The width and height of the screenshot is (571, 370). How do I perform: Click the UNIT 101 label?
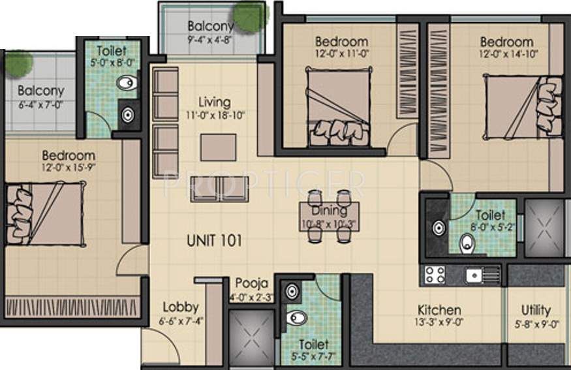click(214, 240)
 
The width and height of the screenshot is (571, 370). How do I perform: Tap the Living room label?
click(215, 102)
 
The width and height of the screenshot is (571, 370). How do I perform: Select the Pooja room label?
click(252, 283)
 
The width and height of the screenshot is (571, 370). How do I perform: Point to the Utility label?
click(535, 310)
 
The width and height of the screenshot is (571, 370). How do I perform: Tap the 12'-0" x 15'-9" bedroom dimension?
click(69, 167)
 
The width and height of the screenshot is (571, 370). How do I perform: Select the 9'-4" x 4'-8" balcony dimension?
click(210, 39)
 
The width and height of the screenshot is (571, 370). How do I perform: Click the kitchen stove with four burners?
click(435, 275)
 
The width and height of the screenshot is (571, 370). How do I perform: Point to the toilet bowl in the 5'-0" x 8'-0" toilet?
click(129, 83)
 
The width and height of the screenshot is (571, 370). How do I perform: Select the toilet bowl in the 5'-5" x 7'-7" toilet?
click(297, 318)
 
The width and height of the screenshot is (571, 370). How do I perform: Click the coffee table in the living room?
click(218, 147)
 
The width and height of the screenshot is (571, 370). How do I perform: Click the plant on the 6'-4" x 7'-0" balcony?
click(18, 63)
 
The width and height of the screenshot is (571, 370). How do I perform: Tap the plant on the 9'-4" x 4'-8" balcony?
click(249, 14)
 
